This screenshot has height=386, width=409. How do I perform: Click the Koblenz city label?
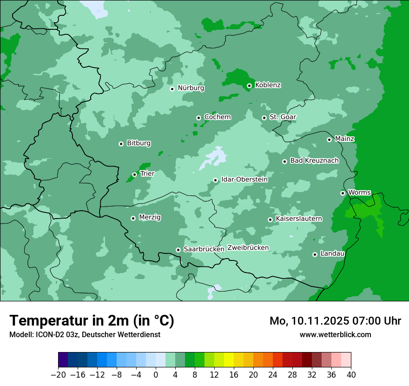(268, 85)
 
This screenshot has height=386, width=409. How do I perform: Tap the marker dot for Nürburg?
(172, 88)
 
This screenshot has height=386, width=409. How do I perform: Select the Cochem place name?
(217, 117)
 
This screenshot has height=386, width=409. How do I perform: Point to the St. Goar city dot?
(264, 118)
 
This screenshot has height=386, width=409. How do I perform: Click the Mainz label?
(344, 139)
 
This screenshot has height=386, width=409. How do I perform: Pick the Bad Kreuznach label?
(314, 161)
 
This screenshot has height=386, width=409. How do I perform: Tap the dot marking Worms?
(343, 193)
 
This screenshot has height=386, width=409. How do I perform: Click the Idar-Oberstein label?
(244, 180)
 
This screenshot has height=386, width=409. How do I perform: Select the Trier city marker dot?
(134, 174)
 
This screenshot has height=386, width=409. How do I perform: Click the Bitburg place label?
(139, 143)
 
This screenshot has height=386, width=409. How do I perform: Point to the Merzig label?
(150, 218)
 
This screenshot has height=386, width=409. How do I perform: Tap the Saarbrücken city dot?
(178, 250)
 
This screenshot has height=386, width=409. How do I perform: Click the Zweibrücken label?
(248, 248)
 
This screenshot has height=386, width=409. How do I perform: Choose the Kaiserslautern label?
(298, 219)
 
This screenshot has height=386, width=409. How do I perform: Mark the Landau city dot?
(315, 254)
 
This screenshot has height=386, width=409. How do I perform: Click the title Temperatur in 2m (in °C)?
(92, 320)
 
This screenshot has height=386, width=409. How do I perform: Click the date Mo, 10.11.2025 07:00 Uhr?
(335, 321)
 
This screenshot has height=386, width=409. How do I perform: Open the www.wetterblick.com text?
(335, 334)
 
